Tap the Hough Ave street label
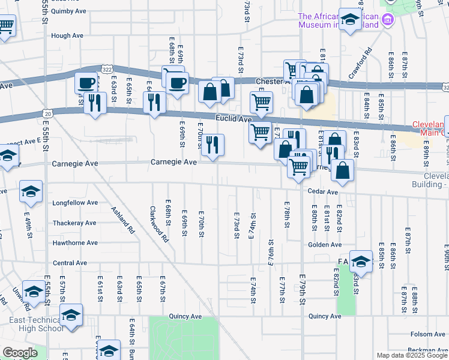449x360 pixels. [x=67, y=35]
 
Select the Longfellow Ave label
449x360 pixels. [x=75, y=203]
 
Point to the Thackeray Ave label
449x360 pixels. [x=74, y=223]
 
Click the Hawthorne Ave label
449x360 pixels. [x=75, y=243]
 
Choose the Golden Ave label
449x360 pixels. [x=325, y=245]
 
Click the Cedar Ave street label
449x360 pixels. [x=324, y=192]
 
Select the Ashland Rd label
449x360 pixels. [x=124, y=220]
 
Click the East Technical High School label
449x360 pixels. [x=36, y=324]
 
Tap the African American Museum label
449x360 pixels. [x=339, y=20]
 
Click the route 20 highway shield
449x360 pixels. [x=47, y=113]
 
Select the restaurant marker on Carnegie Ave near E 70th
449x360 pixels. [x=212, y=146]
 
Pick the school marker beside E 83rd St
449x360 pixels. [x=361, y=262]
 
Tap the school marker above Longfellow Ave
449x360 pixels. [x=31, y=191]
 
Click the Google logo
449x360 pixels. [x=20, y=353]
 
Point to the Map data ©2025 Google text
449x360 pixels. [x=411, y=355]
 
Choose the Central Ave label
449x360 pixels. [x=70, y=263]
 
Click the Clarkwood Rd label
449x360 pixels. [x=159, y=225]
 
